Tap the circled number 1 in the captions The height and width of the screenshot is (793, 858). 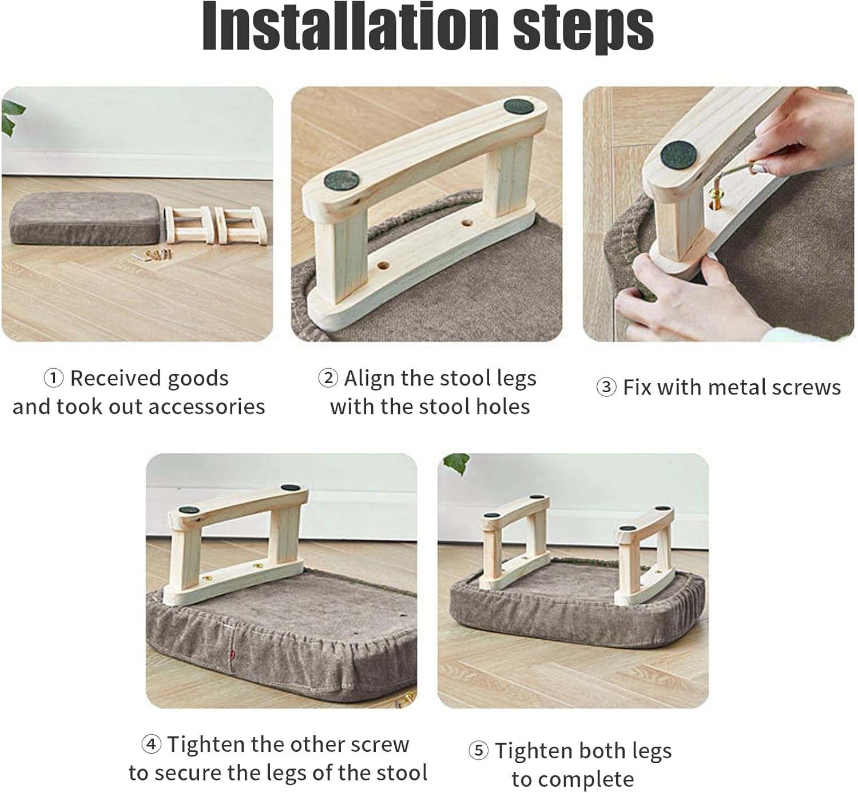point(53,378)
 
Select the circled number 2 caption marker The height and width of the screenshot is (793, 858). point(328,378)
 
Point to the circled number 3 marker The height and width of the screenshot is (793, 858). point(606,388)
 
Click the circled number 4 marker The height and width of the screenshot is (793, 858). point(151,744)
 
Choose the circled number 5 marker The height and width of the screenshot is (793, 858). point(478,751)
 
